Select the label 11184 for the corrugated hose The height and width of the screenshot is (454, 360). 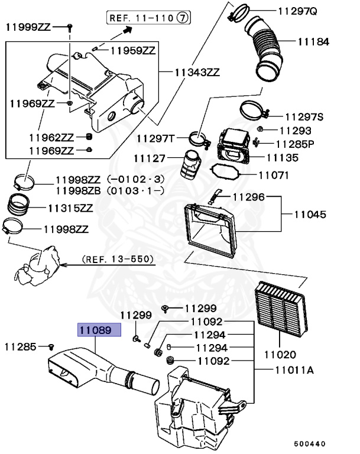tap(313, 43)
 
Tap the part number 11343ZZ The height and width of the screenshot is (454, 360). tap(197, 73)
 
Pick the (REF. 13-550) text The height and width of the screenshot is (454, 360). tap(117, 259)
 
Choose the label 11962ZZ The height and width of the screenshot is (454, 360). tap(50, 138)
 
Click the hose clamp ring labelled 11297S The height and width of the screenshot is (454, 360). tap(254, 111)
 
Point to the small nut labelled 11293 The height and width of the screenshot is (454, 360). tap(260, 129)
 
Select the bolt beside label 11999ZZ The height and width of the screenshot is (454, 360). tap(69, 27)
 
